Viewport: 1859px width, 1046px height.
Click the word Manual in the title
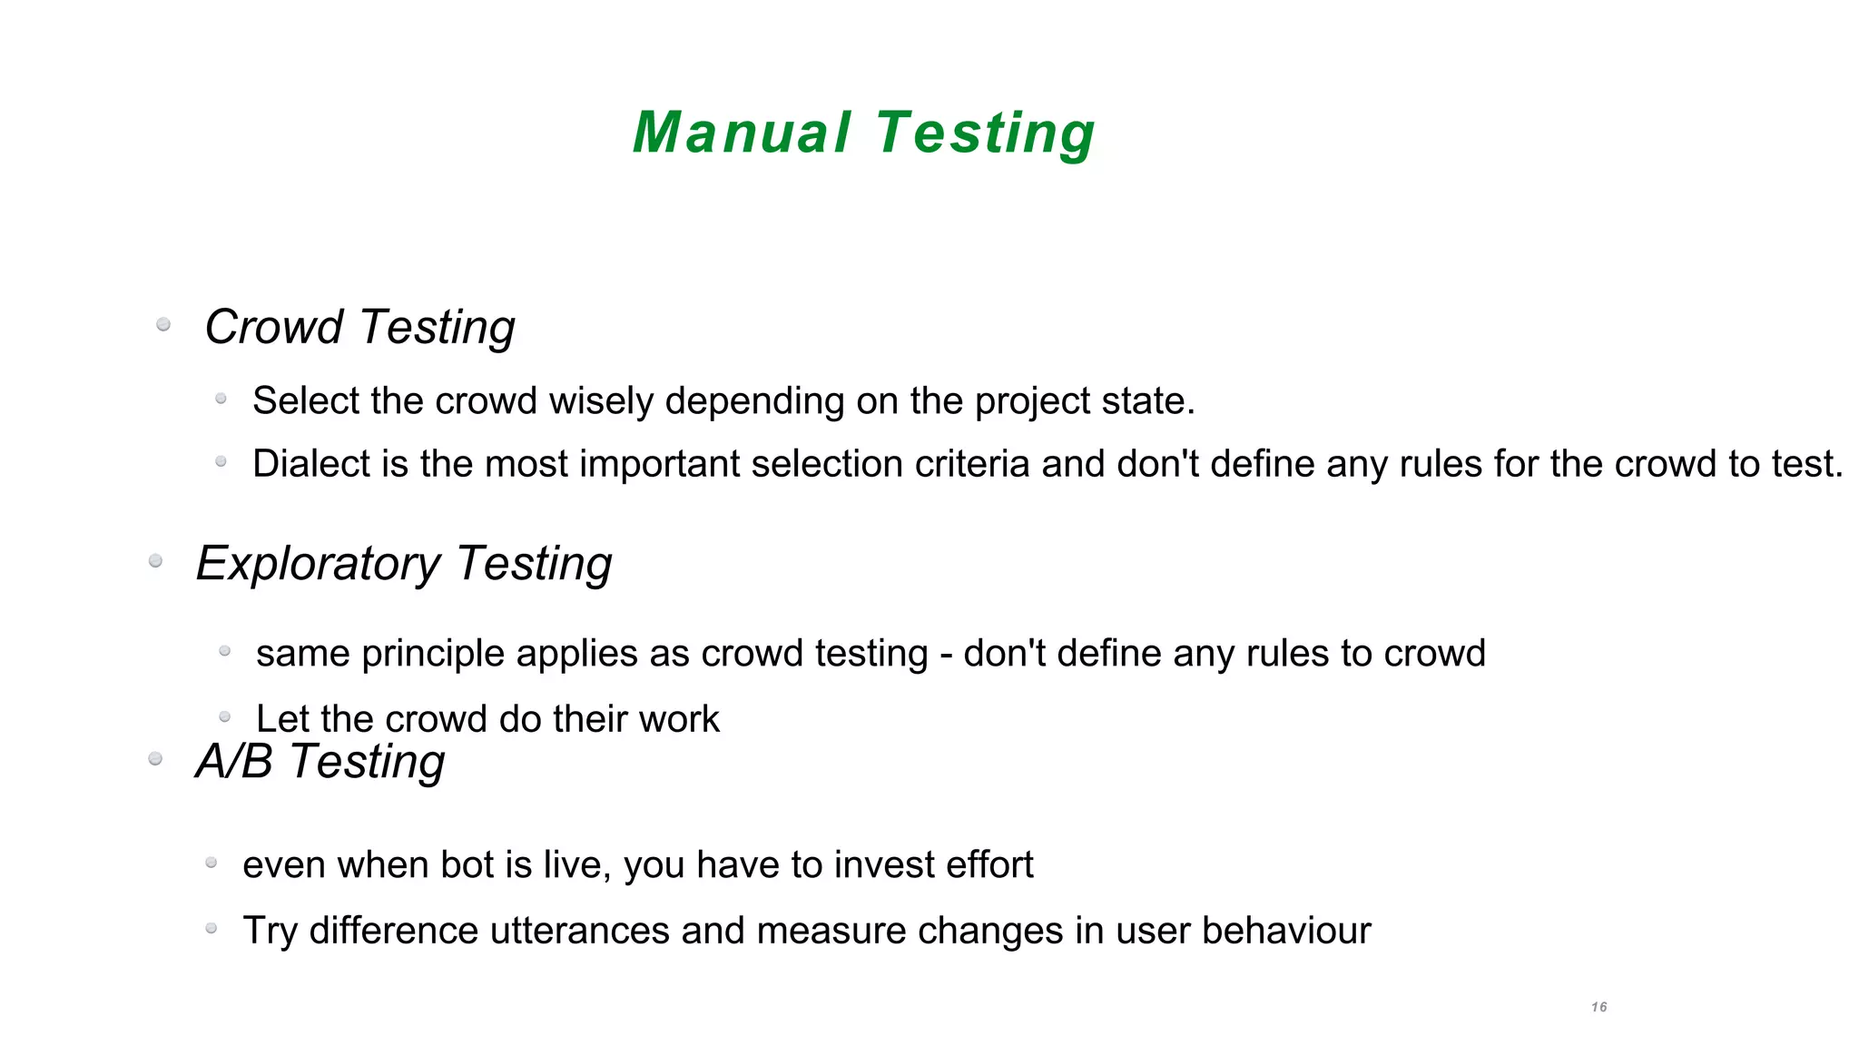742,133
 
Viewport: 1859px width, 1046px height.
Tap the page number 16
1599,1007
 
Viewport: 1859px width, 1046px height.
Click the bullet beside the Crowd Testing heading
163,324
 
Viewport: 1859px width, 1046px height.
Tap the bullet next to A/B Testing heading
155,759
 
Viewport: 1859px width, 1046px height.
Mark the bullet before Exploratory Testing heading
155,561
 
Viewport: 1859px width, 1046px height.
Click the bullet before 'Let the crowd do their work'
225,717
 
